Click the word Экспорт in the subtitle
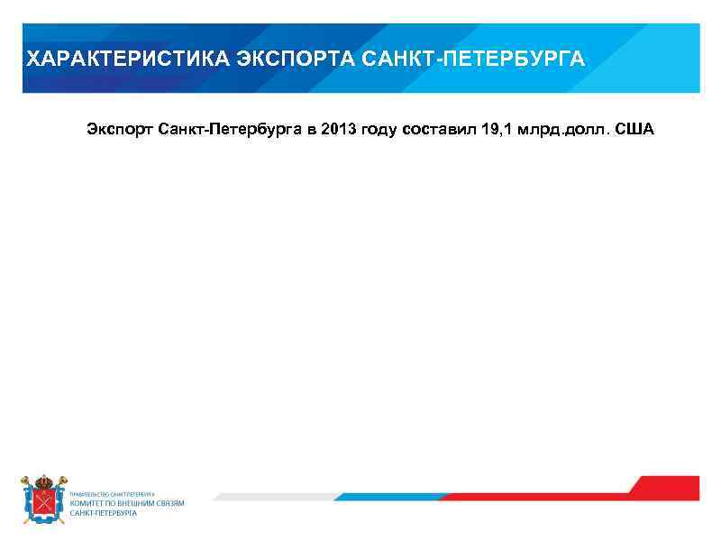(x=120, y=130)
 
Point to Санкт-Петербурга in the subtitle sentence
(x=230, y=130)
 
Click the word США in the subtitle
(x=636, y=130)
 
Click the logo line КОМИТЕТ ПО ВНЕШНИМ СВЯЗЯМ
(x=127, y=503)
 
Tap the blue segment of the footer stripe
(x=397, y=496)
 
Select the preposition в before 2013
(x=312, y=130)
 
